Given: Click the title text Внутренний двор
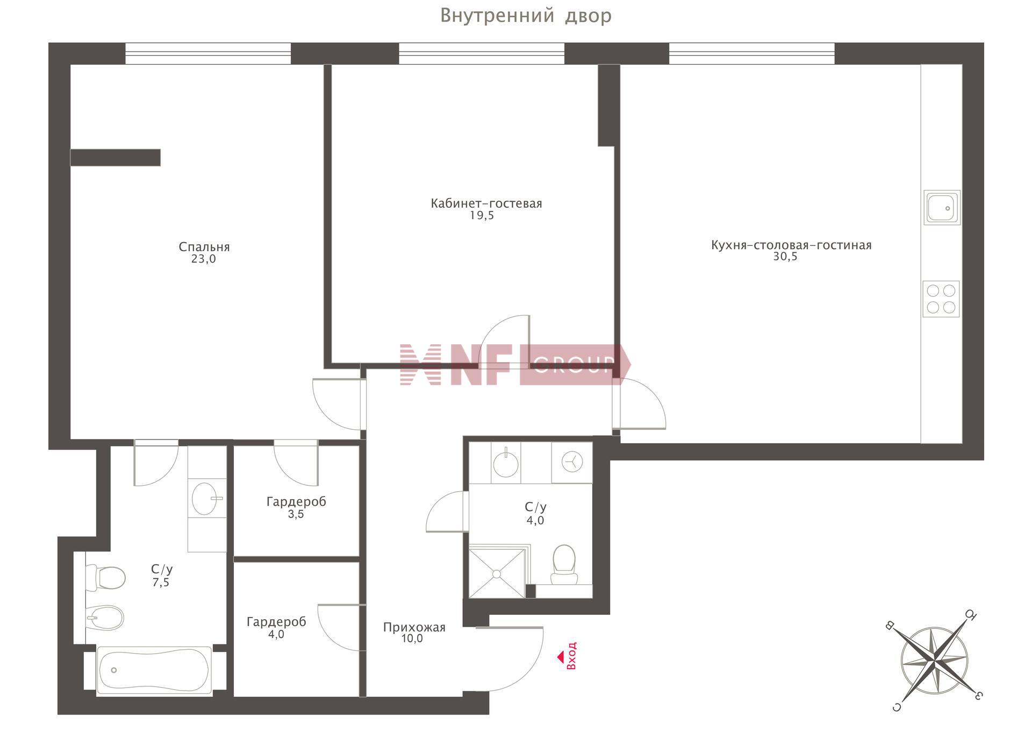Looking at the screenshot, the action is pyautogui.click(x=526, y=16).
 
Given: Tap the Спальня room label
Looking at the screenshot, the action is pyautogui.click(x=204, y=247).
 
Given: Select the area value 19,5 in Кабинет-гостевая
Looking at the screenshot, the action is pyautogui.click(x=482, y=216).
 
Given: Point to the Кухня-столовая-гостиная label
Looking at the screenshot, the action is pyautogui.click(x=791, y=245).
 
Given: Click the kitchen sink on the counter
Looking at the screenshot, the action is pyautogui.click(x=942, y=207).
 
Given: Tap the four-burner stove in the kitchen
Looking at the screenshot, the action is pyautogui.click(x=941, y=299).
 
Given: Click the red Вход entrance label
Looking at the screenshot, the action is pyautogui.click(x=571, y=655).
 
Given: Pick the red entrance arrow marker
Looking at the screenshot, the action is pyautogui.click(x=560, y=657).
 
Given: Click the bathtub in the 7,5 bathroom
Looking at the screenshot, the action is pyautogui.click(x=153, y=670).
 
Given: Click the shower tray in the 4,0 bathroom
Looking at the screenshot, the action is pyautogui.click(x=497, y=573).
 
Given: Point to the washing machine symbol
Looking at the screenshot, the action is pyautogui.click(x=572, y=462).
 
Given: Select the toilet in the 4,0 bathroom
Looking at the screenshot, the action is pyautogui.click(x=564, y=564).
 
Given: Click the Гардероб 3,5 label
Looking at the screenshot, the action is pyautogui.click(x=296, y=507).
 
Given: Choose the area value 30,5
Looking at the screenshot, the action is pyautogui.click(x=785, y=257).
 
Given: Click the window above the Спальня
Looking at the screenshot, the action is pyautogui.click(x=208, y=54).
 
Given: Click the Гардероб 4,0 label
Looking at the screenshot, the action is pyautogui.click(x=276, y=628).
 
